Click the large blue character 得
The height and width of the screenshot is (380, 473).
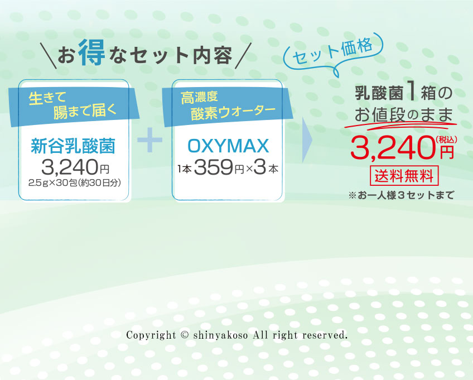[x=91, y=52]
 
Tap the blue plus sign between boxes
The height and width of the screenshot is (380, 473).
[x=149, y=140]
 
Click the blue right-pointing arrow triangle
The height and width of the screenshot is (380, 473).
[x=307, y=140]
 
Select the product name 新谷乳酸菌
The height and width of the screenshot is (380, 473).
[x=73, y=146]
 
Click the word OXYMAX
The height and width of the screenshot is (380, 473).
[x=228, y=146]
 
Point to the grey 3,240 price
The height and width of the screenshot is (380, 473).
[x=70, y=167]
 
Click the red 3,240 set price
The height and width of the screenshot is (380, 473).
[x=393, y=147]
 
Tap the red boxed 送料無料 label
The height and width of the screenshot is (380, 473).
[x=404, y=176]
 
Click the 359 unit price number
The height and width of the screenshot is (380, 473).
[x=214, y=167]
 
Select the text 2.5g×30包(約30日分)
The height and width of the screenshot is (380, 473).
[x=75, y=183]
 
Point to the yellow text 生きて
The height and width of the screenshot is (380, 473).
[x=47, y=98]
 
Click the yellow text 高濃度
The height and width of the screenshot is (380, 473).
[x=199, y=98]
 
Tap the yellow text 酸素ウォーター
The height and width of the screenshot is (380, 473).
[x=233, y=113]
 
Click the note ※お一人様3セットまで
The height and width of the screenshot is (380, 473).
[x=401, y=195]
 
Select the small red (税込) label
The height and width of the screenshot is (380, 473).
[x=446, y=140]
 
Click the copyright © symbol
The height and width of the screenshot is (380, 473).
[x=185, y=335]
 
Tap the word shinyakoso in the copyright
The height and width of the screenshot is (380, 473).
[x=220, y=335]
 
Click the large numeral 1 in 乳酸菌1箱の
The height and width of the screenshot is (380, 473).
[x=412, y=92]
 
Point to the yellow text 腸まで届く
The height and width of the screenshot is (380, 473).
[x=85, y=112]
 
